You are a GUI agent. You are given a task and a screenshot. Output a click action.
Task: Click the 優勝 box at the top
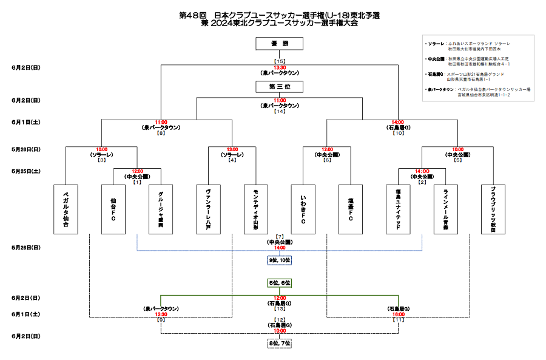[x=280, y=43]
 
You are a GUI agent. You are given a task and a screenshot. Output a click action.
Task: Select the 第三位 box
[x=280, y=87]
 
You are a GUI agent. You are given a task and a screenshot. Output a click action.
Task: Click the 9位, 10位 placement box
[x=280, y=260]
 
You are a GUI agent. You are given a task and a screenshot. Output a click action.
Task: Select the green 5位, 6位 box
[x=280, y=283]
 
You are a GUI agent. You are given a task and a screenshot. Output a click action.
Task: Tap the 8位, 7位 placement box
[x=280, y=343]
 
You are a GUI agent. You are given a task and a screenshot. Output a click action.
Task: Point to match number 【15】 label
[x=280, y=61]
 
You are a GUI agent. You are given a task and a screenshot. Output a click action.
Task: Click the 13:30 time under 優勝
[x=280, y=67]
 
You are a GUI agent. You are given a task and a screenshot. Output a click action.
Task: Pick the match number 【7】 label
[x=280, y=236]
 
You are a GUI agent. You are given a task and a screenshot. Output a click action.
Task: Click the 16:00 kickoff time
[x=399, y=314]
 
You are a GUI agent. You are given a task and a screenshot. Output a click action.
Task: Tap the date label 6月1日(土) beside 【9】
[x=25, y=314]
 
